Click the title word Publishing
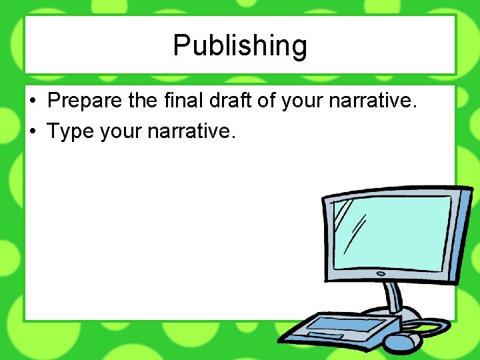(240, 46)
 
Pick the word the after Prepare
(141, 101)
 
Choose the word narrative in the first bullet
(374, 101)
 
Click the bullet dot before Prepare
(33, 102)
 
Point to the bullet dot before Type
(33, 132)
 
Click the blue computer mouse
(403, 342)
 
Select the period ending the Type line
(233, 136)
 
